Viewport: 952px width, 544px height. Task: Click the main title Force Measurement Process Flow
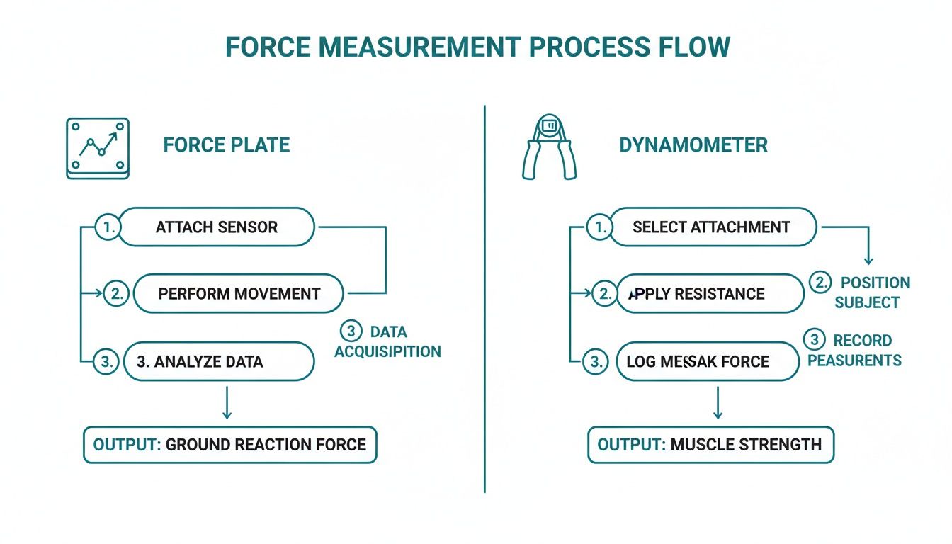click(x=477, y=47)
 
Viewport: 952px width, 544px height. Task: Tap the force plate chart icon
click(x=98, y=148)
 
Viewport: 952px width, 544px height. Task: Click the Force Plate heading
click(x=227, y=145)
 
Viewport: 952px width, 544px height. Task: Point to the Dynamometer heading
click(x=693, y=145)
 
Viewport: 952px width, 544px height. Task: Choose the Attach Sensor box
click(x=216, y=227)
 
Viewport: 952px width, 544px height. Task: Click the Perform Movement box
click(x=239, y=294)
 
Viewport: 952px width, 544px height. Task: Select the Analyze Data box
click(x=218, y=361)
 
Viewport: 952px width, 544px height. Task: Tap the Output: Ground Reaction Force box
click(x=230, y=445)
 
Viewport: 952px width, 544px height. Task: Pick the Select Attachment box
click(x=712, y=227)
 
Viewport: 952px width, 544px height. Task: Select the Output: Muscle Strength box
click(x=710, y=445)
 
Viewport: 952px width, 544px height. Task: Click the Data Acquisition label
click(x=387, y=341)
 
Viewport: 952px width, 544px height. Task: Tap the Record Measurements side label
click(x=855, y=350)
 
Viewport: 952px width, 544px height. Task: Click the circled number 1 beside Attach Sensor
click(x=107, y=227)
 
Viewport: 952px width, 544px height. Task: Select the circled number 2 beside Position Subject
click(x=820, y=283)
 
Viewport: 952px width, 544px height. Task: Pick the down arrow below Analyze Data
click(x=226, y=404)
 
